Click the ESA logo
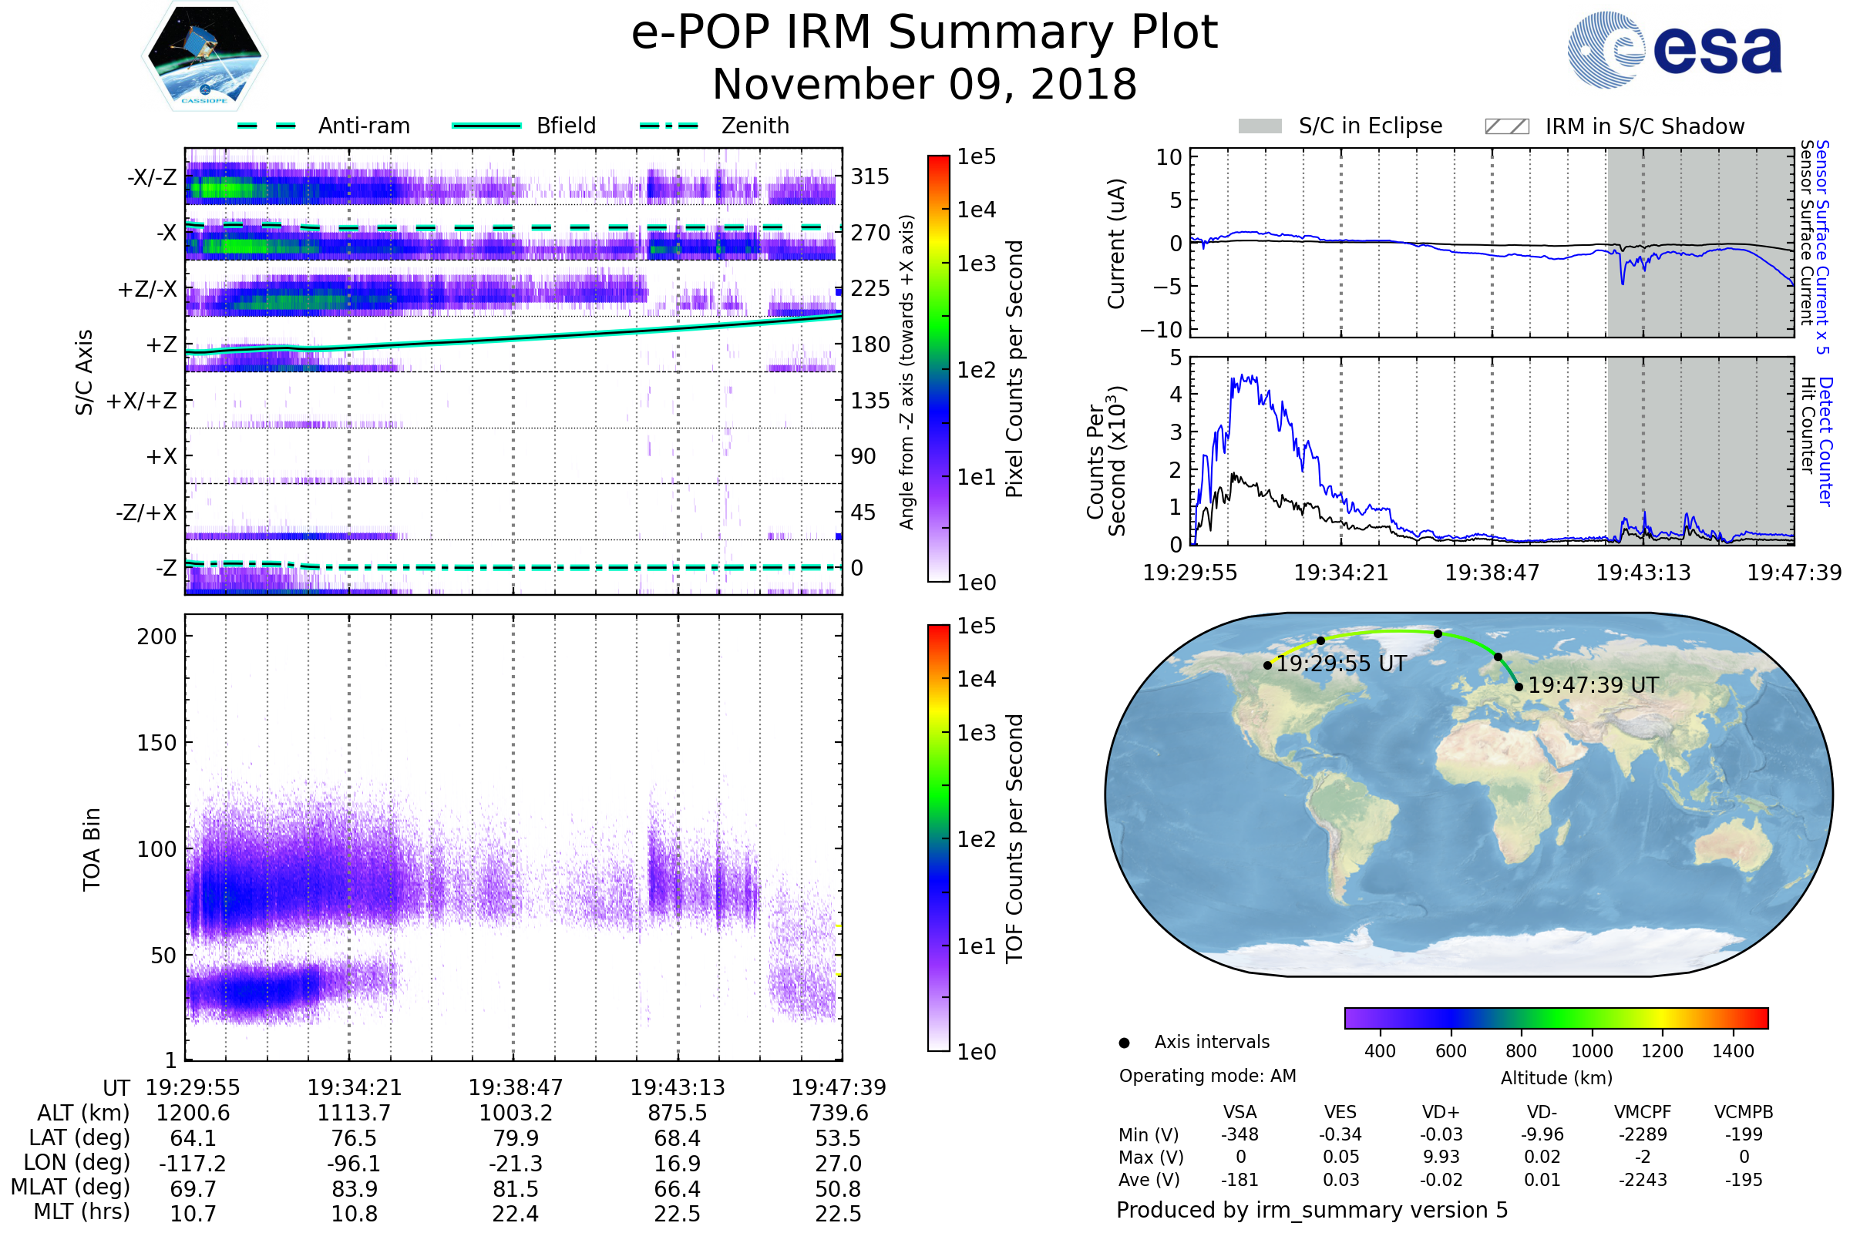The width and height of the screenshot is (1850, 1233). pos(1674,49)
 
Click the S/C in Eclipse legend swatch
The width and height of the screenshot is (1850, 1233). pos(1260,126)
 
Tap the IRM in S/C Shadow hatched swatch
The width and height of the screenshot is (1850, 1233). pos(1506,126)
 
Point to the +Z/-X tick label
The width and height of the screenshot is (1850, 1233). pos(147,290)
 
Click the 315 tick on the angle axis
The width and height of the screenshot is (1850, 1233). pos(870,176)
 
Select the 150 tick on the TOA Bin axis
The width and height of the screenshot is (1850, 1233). pos(156,743)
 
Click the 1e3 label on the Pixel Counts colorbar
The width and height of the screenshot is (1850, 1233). pos(976,264)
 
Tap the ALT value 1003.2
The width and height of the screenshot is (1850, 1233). pos(515,1114)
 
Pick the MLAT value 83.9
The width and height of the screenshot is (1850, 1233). pos(355,1189)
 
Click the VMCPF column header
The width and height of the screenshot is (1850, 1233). pos(1643,1113)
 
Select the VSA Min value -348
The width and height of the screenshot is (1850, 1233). pos(1239,1134)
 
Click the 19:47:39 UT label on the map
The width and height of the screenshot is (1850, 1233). pos(1593,686)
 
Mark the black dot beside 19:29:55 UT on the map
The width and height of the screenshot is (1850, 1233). pos(1267,665)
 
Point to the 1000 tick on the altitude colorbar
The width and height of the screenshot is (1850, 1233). pos(1591,1051)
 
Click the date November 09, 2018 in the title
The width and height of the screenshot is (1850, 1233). pos(924,85)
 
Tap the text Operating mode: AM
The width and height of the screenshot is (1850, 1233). pos(1207,1076)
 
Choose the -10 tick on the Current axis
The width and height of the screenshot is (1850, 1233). pos(1162,330)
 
